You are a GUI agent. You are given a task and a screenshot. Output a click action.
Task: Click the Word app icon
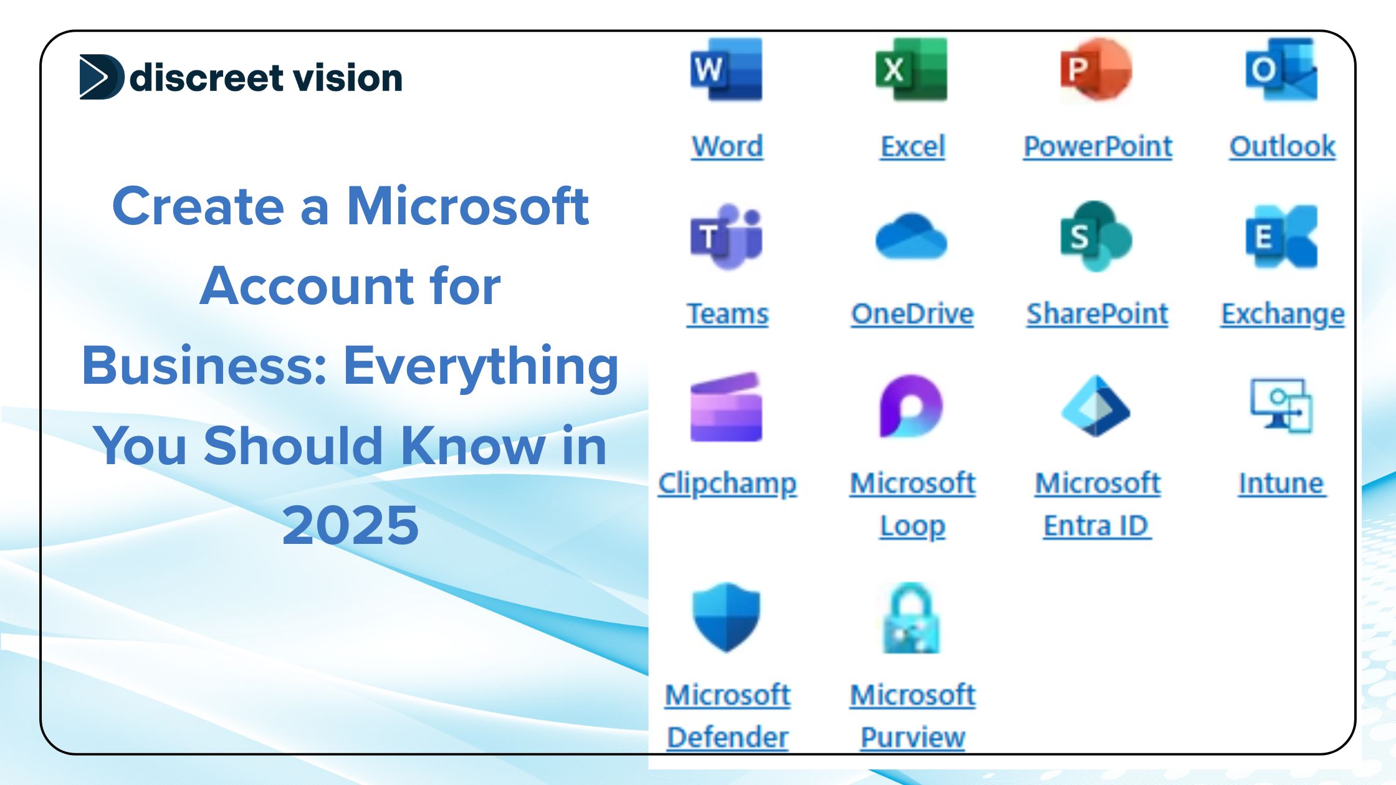(x=726, y=70)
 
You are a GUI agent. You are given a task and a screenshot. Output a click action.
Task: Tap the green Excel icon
(x=911, y=70)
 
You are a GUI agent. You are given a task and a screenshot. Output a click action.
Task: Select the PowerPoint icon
(x=1096, y=70)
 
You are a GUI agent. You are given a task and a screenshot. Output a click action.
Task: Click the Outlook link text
(x=1282, y=147)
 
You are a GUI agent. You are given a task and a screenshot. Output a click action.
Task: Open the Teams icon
(x=726, y=237)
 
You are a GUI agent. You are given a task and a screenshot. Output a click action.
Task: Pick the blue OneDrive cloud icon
(x=911, y=237)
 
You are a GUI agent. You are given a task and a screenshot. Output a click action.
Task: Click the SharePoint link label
(x=1097, y=314)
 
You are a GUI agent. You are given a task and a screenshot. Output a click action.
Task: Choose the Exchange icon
(x=1281, y=237)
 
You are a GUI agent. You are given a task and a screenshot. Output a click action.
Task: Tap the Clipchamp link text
(x=727, y=483)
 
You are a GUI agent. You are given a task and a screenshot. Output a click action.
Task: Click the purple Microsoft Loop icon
(x=911, y=406)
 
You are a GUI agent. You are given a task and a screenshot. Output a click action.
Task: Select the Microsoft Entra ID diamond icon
(x=1096, y=406)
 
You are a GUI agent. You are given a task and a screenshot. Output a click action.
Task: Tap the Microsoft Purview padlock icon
(x=911, y=618)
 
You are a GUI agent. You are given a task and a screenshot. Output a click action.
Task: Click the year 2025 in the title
(x=350, y=525)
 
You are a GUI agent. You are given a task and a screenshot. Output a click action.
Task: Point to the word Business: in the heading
(x=205, y=366)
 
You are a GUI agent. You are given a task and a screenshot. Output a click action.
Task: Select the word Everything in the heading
(x=481, y=366)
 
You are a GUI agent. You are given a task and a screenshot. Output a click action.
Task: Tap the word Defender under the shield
(x=727, y=738)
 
